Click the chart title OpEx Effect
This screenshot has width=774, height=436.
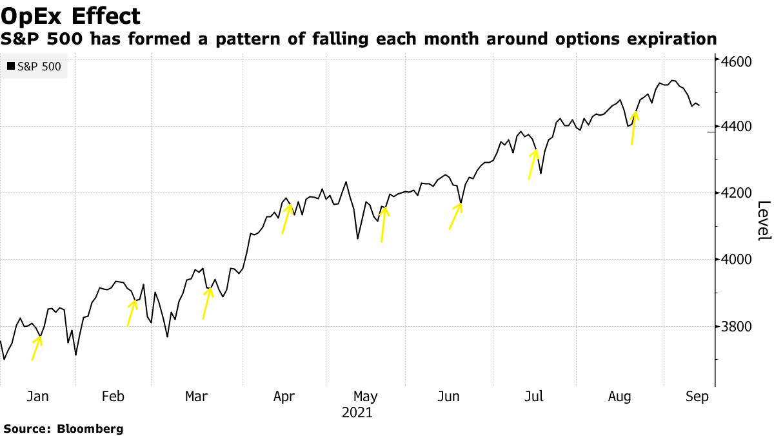point(71,15)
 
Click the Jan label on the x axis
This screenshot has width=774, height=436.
point(38,397)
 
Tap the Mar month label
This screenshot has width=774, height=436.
point(196,397)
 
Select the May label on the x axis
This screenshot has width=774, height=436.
point(366,397)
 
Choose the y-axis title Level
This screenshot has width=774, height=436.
point(764,221)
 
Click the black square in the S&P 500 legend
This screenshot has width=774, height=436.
point(10,66)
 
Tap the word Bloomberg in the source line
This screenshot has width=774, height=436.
point(90,428)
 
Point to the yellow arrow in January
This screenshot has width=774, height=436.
point(37,348)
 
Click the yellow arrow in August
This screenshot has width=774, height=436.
point(634,128)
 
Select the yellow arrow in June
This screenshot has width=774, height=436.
point(455,216)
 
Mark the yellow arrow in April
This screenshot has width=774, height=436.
point(287,219)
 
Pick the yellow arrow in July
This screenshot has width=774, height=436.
point(533,164)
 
